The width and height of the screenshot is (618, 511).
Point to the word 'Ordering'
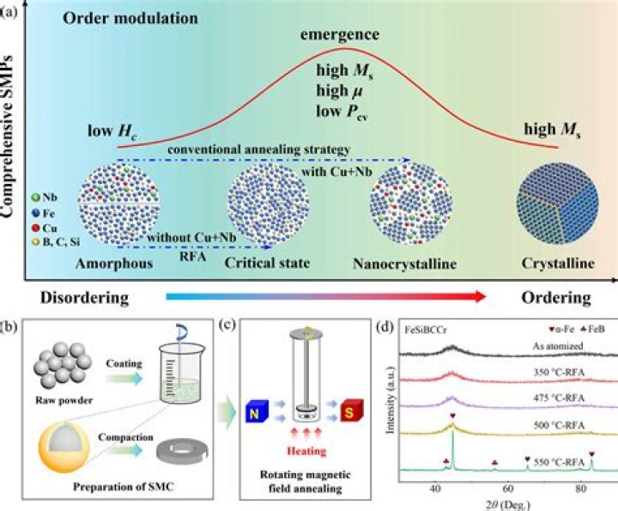coord(555,297)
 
